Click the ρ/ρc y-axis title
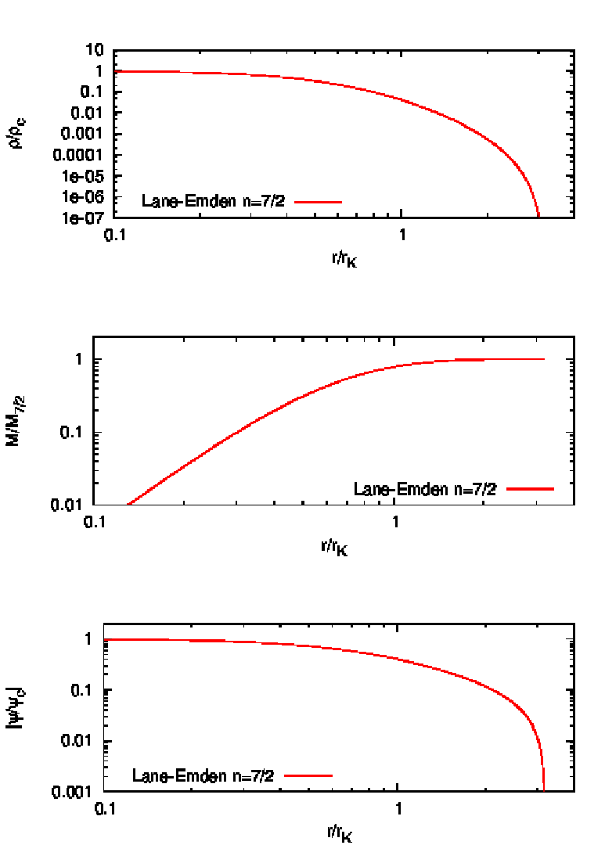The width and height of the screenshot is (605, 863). pos(23,134)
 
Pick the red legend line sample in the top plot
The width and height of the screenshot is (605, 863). pos(318,202)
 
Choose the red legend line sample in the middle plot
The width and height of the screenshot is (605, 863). pos(530,489)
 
